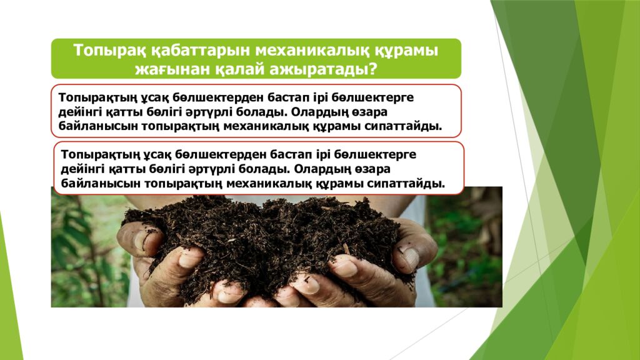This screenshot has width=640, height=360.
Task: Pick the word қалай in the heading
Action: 234,68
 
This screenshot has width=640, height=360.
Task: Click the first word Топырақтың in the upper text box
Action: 96,98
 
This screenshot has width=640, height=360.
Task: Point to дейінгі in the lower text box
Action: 82,169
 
